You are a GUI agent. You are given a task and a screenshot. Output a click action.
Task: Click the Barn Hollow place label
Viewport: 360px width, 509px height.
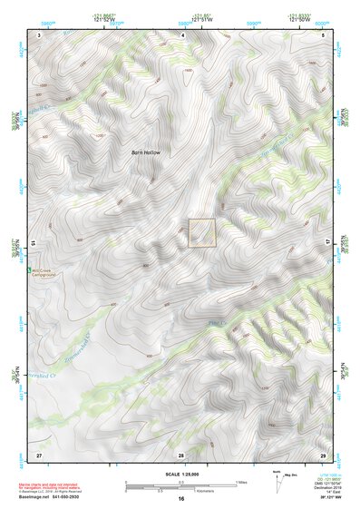(x=145, y=152)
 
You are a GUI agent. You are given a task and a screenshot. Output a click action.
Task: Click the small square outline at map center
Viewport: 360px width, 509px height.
(x=201, y=233)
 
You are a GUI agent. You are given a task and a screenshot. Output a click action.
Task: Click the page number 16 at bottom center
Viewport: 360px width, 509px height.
(x=180, y=499)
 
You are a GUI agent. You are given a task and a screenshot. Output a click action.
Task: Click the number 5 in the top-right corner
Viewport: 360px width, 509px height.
(x=324, y=34)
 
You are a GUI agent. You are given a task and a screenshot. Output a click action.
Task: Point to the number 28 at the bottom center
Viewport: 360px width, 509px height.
(x=180, y=454)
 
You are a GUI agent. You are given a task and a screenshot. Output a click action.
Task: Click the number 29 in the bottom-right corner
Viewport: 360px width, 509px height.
(x=323, y=454)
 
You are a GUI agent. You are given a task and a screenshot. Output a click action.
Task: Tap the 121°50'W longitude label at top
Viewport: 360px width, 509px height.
(x=301, y=21)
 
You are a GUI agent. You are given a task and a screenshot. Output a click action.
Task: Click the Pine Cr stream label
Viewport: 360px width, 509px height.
(x=215, y=322)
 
